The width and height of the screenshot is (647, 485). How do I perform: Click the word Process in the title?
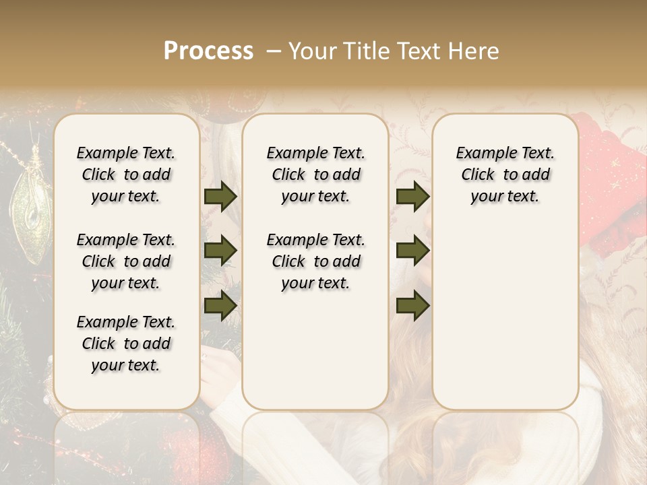(x=208, y=51)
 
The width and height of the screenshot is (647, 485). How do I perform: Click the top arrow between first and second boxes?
(x=220, y=197)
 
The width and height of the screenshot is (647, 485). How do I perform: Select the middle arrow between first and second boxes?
(x=220, y=251)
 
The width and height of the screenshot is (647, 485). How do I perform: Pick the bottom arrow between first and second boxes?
(x=220, y=305)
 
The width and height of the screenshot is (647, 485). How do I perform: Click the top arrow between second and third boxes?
(x=412, y=197)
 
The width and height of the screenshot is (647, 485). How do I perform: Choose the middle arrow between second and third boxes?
(x=412, y=251)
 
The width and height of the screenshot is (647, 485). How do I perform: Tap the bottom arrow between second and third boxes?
(x=412, y=305)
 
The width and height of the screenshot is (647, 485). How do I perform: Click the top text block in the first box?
(x=126, y=174)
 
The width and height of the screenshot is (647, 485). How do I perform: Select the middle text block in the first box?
(x=126, y=261)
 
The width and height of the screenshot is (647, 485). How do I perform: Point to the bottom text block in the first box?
(x=126, y=344)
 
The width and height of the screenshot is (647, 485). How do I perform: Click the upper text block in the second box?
(x=315, y=174)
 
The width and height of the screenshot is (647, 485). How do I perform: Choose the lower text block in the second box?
(x=315, y=261)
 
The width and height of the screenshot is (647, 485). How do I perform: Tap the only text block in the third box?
(x=505, y=174)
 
